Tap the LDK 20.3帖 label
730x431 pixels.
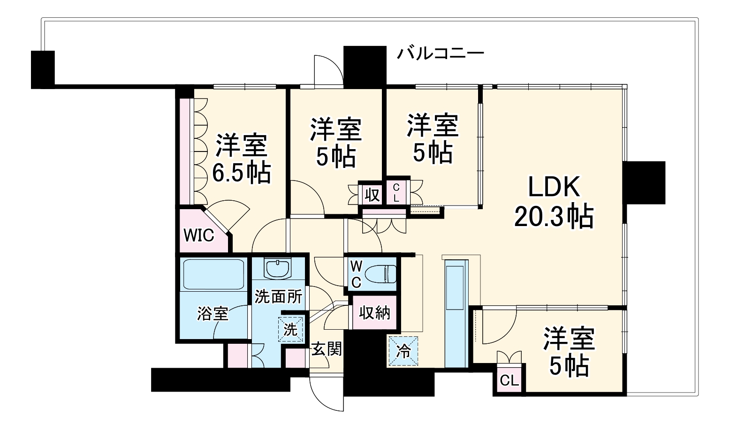tap(554, 202)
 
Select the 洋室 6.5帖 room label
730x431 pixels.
tap(242, 159)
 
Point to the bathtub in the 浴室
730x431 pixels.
tap(213, 274)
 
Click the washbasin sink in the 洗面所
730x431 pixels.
tap(278, 268)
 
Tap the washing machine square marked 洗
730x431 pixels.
tap(290, 329)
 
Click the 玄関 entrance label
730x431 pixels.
tap(327, 349)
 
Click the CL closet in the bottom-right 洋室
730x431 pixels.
tap(509, 380)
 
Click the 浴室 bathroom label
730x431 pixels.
tap(213, 313)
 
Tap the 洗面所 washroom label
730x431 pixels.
tap(278, 296)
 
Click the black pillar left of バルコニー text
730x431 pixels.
tap(364, 66)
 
